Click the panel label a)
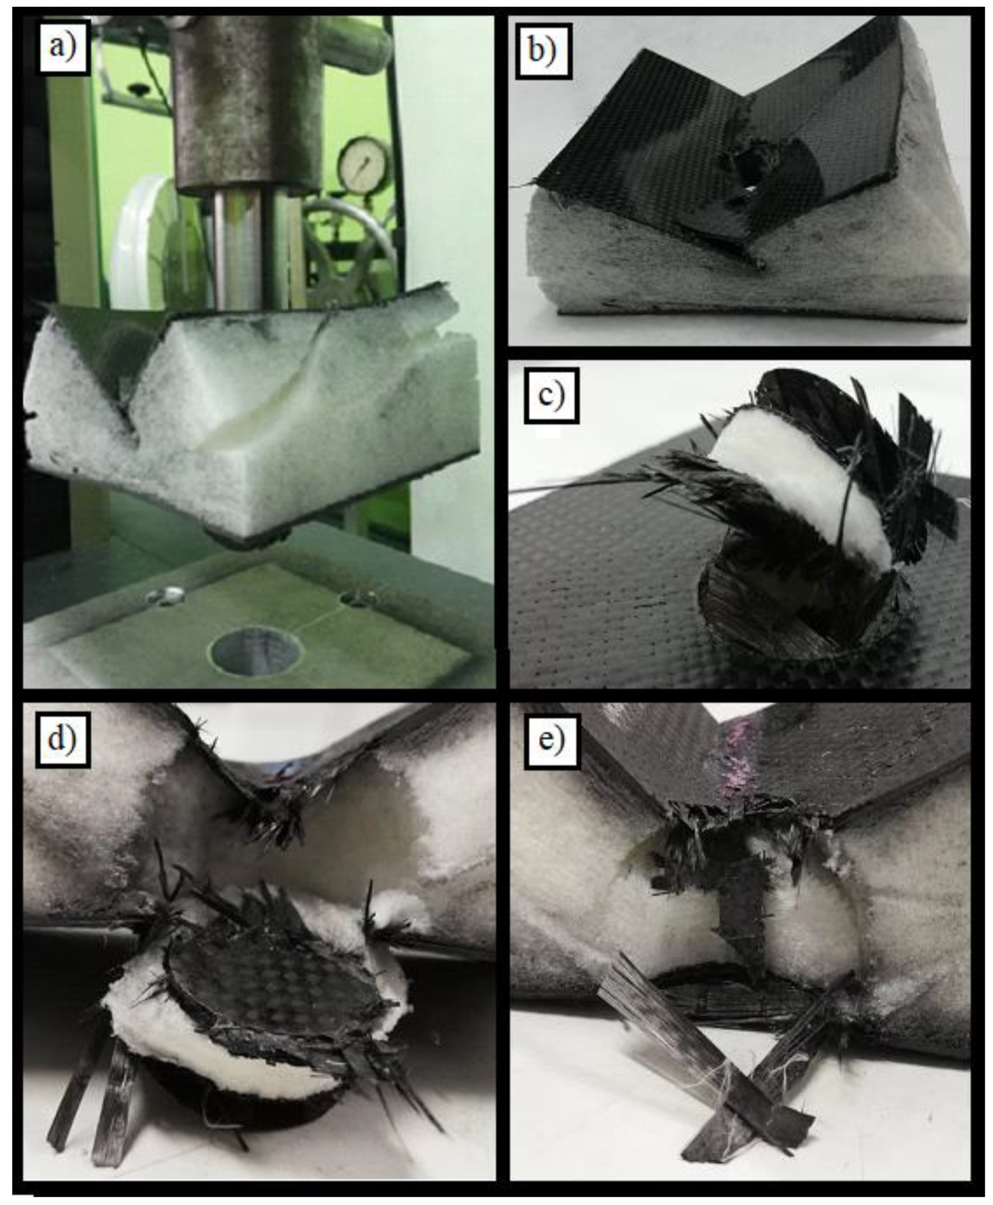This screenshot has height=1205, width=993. [63, 47]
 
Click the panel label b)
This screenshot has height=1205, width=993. [543, 51]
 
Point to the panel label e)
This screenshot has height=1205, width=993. [552, 740]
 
